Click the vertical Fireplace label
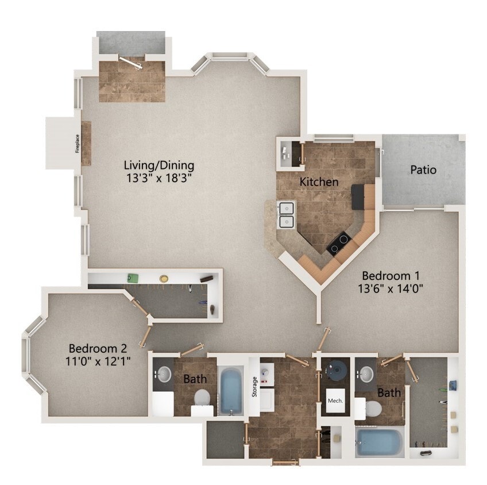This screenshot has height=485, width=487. (76, 144)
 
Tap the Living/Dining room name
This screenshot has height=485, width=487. (159, 165)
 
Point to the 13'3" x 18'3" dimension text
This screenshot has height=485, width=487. (159, 178)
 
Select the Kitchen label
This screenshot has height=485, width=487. (319, 182)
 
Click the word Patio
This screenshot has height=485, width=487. (423, 170)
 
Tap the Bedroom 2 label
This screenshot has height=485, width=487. (98, 348)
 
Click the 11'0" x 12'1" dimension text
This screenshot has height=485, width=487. (98, 361)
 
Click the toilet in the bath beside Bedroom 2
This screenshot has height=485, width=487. (202, 398)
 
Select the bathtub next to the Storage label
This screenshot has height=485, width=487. (231, 391)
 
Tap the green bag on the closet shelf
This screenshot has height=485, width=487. (133, 278)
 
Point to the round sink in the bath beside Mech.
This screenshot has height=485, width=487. (366, 375)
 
